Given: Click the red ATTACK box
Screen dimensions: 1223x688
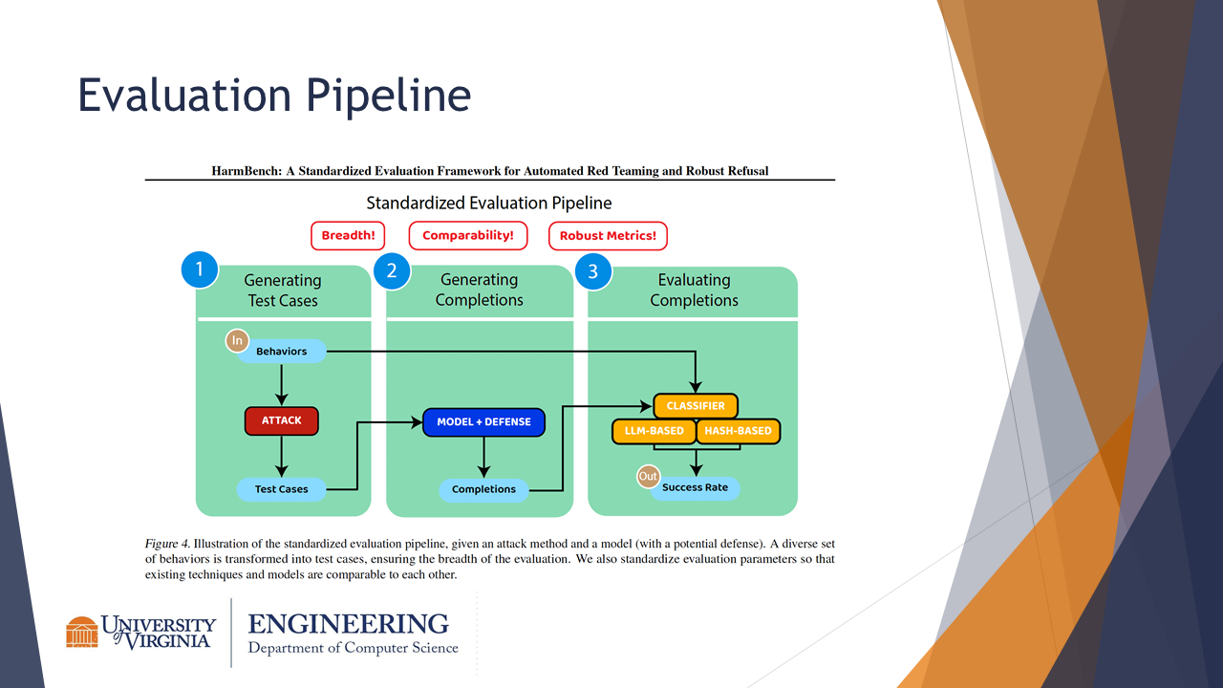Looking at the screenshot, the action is [x=281, y=420].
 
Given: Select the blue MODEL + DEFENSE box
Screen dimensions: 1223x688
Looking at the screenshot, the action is [x=483, y=422].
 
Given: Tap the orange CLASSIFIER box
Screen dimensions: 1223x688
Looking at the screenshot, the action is [x=696, y=406].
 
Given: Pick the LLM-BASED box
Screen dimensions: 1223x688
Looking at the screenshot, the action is [x=654, y=431].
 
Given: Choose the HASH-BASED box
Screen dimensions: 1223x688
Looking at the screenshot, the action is [x=739, y=431].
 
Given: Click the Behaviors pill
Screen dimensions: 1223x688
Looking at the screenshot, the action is [x=281, y=351].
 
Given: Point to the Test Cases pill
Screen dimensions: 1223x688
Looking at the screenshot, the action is [x=281, y=489].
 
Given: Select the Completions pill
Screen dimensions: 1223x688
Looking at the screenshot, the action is [x=483, y=489].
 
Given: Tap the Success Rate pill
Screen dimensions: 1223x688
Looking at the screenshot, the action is [x=695, y=487].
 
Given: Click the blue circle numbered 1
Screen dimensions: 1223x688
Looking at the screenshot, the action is [x=200, y=269].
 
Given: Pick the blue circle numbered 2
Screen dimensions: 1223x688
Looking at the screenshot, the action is [x=392, y=270].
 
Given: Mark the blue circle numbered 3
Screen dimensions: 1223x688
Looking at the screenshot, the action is [x=593, y=271].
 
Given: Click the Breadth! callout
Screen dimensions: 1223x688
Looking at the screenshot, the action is [x=348, y=236].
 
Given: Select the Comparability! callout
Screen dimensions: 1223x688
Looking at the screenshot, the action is [x=468, y=236].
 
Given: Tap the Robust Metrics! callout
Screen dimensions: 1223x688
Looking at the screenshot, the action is [x=608, y=236].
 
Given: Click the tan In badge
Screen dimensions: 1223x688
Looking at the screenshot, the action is [x=237, y=341].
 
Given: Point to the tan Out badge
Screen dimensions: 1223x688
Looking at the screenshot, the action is [x=648, y=476].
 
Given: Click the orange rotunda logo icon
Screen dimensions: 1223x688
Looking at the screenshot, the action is [x=82, y=633].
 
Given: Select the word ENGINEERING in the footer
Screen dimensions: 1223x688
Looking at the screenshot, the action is [x=349, y=624].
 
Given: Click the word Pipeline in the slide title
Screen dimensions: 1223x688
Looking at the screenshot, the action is [x=388, y=96].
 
